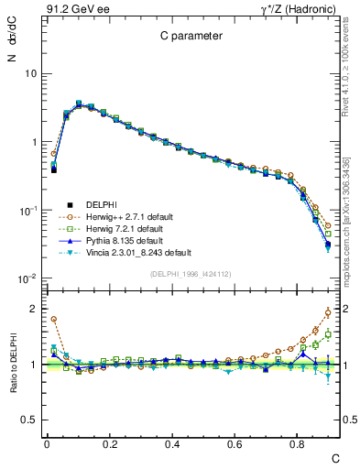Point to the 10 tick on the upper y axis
coord(31,73)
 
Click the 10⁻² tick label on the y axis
coord(29,278)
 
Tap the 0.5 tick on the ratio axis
coord(29,420)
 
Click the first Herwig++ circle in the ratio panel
coord(54,320)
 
